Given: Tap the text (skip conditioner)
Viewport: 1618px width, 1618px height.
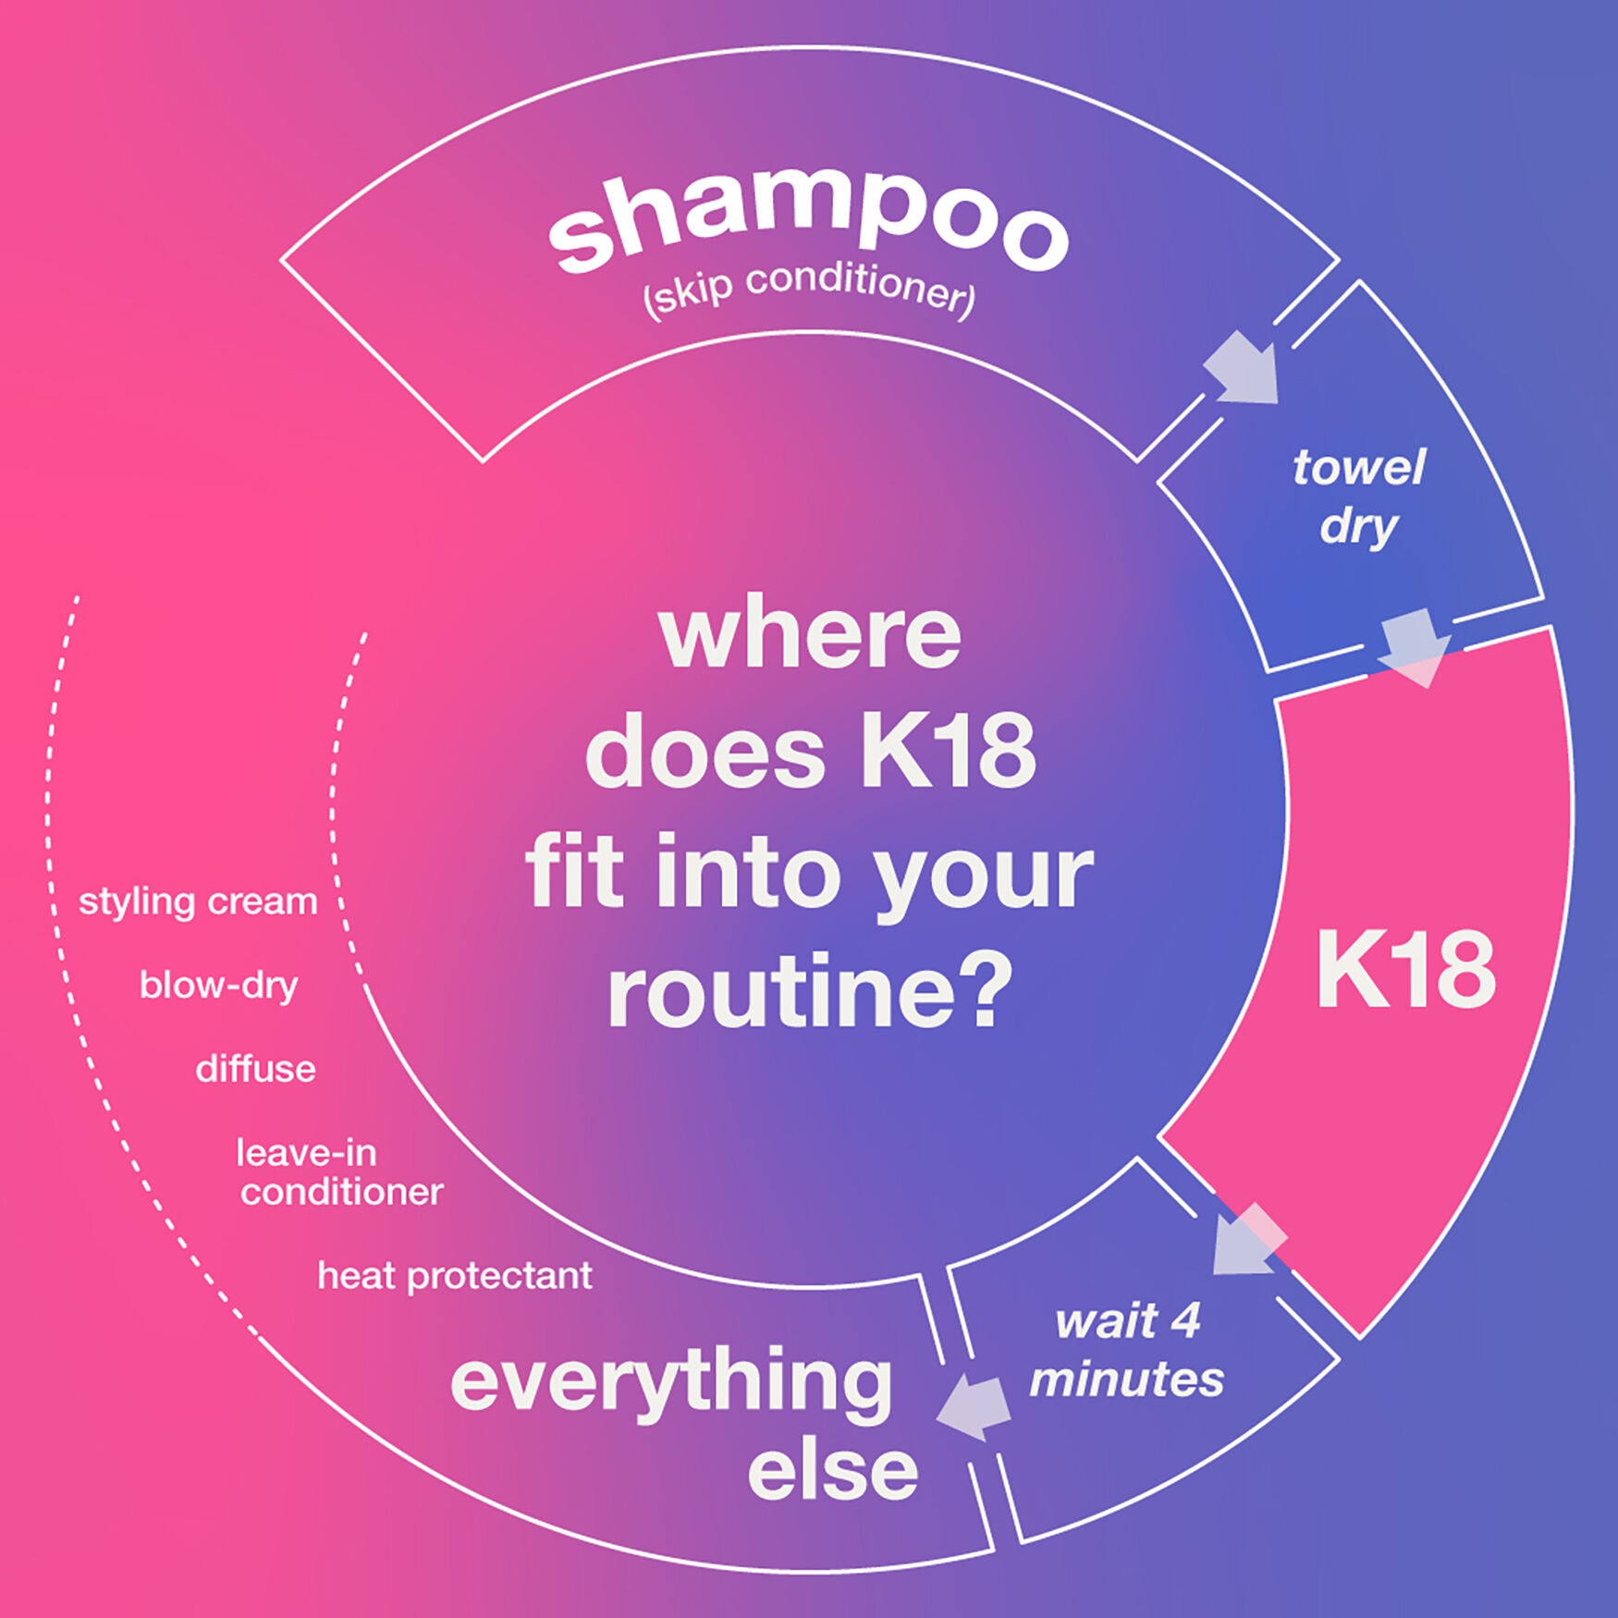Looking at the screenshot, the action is click(809, 290).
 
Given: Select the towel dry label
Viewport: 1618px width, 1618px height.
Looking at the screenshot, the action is click(1358, 497).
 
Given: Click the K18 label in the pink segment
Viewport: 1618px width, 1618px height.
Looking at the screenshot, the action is click(1404, 970).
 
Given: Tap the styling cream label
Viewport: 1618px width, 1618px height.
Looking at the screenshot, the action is click(198, 901).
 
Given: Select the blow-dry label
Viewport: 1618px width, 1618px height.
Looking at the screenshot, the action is click(218, 986).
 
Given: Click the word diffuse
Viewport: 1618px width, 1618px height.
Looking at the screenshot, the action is click(255, 1069).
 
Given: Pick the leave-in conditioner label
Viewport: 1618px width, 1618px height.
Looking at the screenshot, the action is click(340, 1172).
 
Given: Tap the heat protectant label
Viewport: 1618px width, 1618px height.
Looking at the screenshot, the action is click(455, 1276).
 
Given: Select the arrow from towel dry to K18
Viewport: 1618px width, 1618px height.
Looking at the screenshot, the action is click(1414, 647).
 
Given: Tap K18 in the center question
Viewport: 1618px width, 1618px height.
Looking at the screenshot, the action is click(950, 753).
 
